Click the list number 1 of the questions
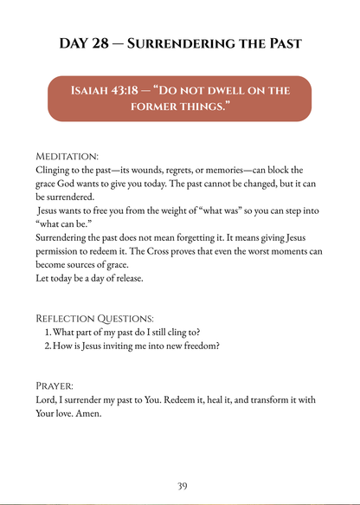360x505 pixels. point(47,332)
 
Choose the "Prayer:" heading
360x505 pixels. point(55,385)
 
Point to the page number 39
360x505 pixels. point(181,486)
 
